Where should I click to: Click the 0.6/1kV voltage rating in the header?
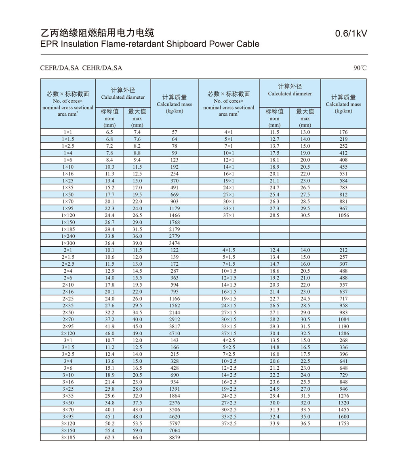click(351, 34)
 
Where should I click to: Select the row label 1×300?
click(68, 243)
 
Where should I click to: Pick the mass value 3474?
click(175, 243)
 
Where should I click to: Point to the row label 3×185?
click(68, 437)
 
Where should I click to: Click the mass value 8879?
click(175, 437)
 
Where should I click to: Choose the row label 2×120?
click(68, 333)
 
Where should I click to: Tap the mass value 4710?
click(175, 333)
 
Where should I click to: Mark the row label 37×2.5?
click(229, 423)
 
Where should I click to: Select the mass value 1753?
click(343, 423)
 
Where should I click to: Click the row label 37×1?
click(229, 215)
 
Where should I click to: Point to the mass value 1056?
click(343, 215)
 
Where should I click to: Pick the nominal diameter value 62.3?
click(109, 437)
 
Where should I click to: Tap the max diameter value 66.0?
click(137, 437)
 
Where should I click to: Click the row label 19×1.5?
click(229, 298)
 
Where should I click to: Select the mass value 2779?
click(175, 236)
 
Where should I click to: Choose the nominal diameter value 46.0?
click(109, 333)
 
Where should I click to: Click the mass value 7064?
click(175, 430)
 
